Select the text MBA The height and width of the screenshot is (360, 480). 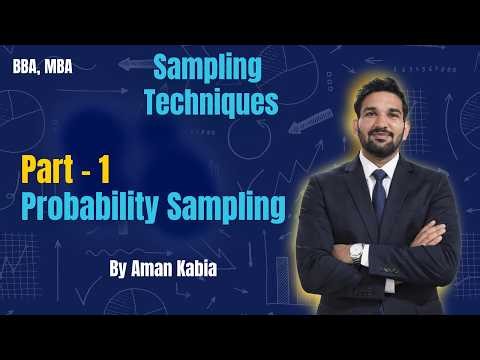click(60, 70)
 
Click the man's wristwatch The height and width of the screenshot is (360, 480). click(357, 252)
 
